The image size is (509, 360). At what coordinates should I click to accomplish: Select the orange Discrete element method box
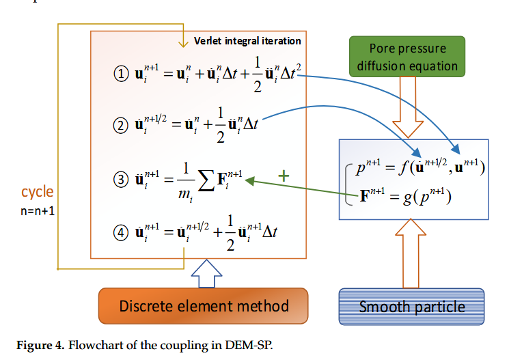point(204,305)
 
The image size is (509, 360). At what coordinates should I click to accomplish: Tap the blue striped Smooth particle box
point(412,305)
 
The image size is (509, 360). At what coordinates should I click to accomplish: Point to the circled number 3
point(121,182)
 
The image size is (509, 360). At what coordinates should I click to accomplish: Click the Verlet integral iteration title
point(247,41)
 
